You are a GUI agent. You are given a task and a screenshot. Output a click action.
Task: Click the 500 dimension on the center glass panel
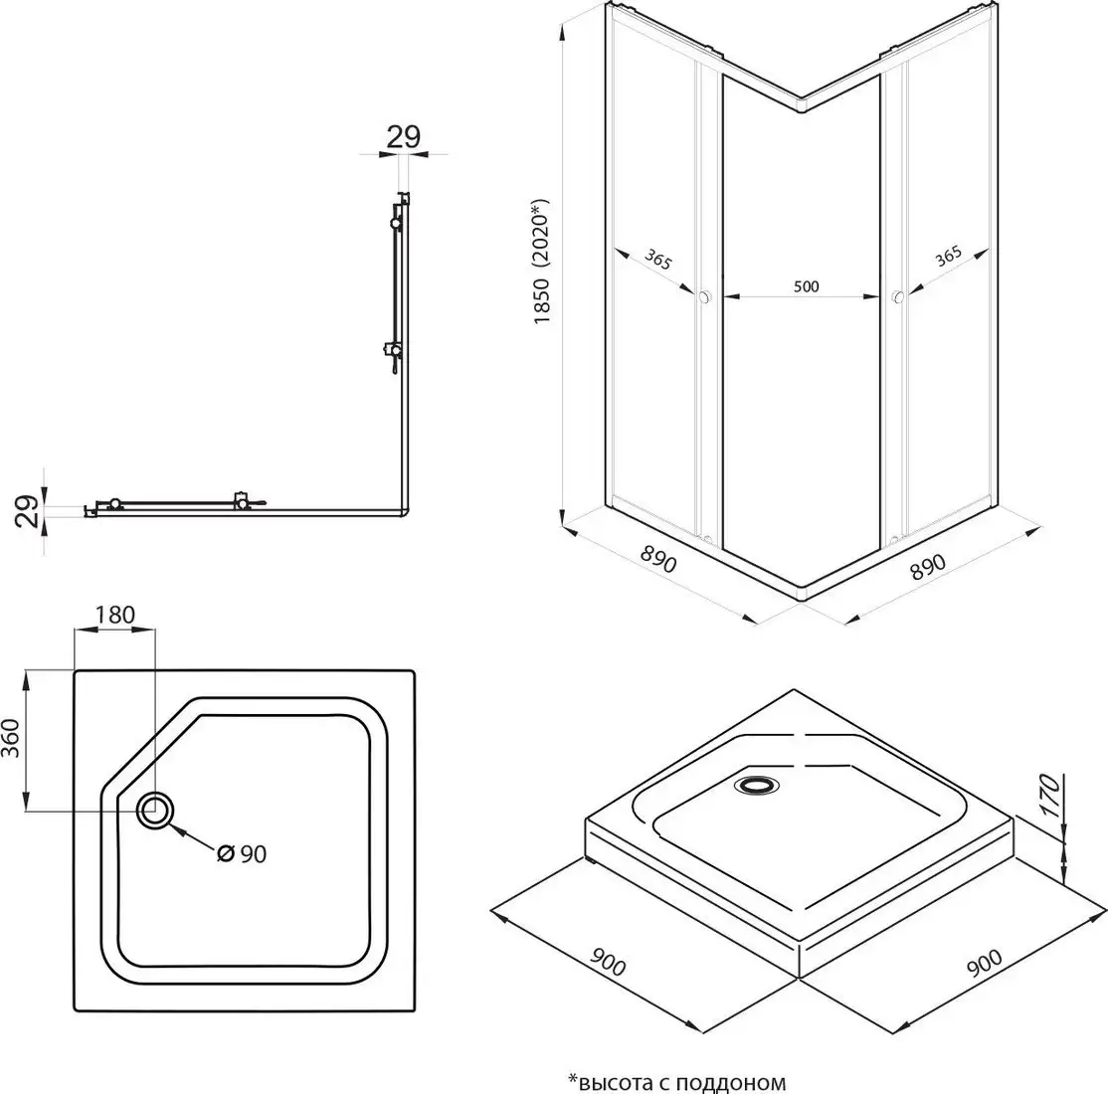807,287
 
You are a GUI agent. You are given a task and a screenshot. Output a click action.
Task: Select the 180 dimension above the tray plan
114,615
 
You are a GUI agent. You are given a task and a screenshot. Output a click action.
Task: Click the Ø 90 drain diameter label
243,853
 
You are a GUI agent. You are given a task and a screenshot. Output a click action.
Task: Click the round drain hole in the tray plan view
155,811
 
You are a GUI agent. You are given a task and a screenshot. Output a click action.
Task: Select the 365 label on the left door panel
657,260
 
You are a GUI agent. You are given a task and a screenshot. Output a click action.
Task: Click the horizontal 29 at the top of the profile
403,137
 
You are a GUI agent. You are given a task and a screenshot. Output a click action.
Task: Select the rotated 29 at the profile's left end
30,511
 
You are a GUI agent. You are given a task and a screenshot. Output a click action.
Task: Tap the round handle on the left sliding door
705,295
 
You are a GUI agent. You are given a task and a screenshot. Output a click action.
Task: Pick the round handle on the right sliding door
898,295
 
